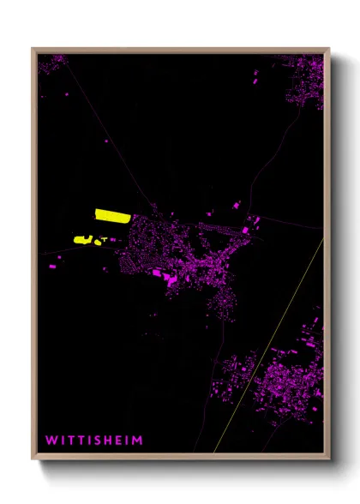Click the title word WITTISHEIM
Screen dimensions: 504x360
(x=94, y=441)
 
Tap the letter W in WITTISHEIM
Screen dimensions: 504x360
(x=51, y=441)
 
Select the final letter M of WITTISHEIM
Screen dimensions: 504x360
(x=138, y=441)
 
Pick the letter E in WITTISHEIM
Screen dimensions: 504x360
(x=123, y=441)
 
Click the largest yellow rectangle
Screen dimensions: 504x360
(x=112, y=215)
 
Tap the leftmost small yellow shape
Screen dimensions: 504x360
(x=83, y=240)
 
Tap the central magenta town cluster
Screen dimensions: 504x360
(x=189, y=249)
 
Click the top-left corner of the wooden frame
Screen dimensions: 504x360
(x=33, y=48)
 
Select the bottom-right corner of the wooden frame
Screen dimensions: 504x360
(x=328, y=459)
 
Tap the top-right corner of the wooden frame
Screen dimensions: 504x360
(x=328, y=48)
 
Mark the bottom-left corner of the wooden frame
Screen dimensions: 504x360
(x=33, y=459)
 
